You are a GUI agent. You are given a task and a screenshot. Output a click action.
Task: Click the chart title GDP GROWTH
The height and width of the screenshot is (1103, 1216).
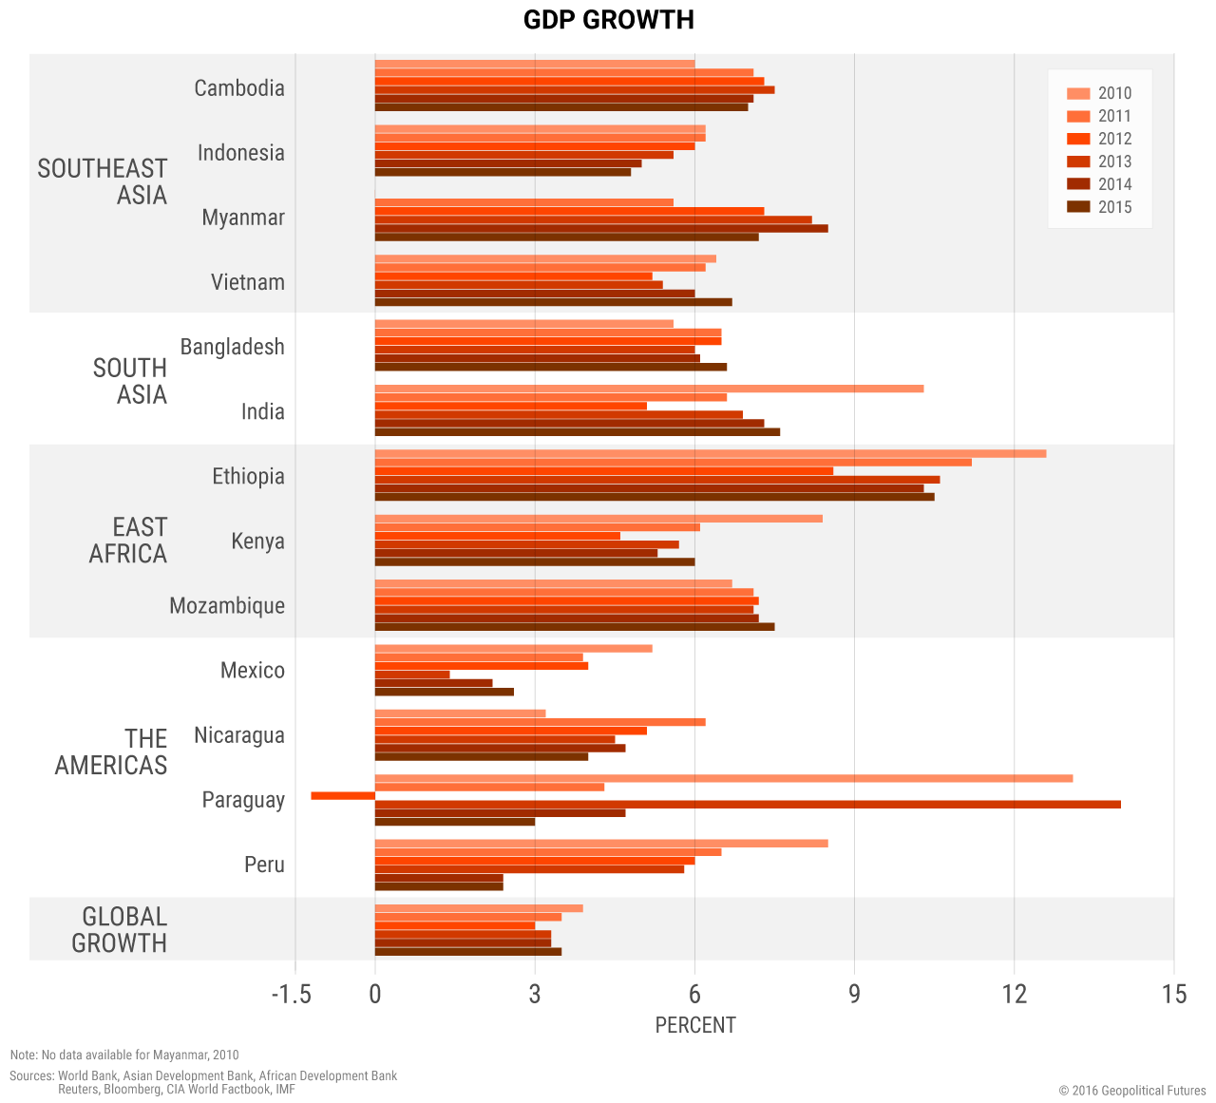(608, 20)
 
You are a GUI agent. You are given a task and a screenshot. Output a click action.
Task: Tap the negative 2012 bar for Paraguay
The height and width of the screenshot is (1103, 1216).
(343, 795)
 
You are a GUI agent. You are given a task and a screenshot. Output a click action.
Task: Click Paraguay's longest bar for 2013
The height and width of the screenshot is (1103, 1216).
(748, 805)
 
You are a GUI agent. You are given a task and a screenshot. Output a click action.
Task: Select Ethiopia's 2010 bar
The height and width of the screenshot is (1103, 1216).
(711, 453)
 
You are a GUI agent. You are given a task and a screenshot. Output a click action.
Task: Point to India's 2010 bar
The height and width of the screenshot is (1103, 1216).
(649, 389)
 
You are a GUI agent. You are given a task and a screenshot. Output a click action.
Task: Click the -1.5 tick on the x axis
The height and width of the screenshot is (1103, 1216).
(291, 994)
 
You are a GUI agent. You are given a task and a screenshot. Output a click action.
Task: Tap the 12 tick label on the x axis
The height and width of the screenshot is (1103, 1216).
(1015, 994)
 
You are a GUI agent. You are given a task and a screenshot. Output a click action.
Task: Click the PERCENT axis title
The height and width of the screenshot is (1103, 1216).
(695, 1025)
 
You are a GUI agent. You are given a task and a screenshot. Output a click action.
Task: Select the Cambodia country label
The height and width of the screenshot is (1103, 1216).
(239, 88)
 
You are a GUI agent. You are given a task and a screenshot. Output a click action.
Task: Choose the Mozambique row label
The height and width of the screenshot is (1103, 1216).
(227, 606)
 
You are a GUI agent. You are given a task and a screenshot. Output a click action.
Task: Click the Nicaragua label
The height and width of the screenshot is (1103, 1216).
(239, 735)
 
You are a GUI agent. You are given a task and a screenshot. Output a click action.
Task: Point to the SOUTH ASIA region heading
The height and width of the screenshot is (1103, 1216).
(130, 381)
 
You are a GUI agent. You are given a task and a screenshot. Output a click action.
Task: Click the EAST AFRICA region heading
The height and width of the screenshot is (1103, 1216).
(128, 541)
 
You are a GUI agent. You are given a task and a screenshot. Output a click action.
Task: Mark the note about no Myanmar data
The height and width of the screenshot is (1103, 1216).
(124, 1055)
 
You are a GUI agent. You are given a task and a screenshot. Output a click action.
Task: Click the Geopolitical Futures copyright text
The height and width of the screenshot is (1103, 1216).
(1132, 1091)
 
